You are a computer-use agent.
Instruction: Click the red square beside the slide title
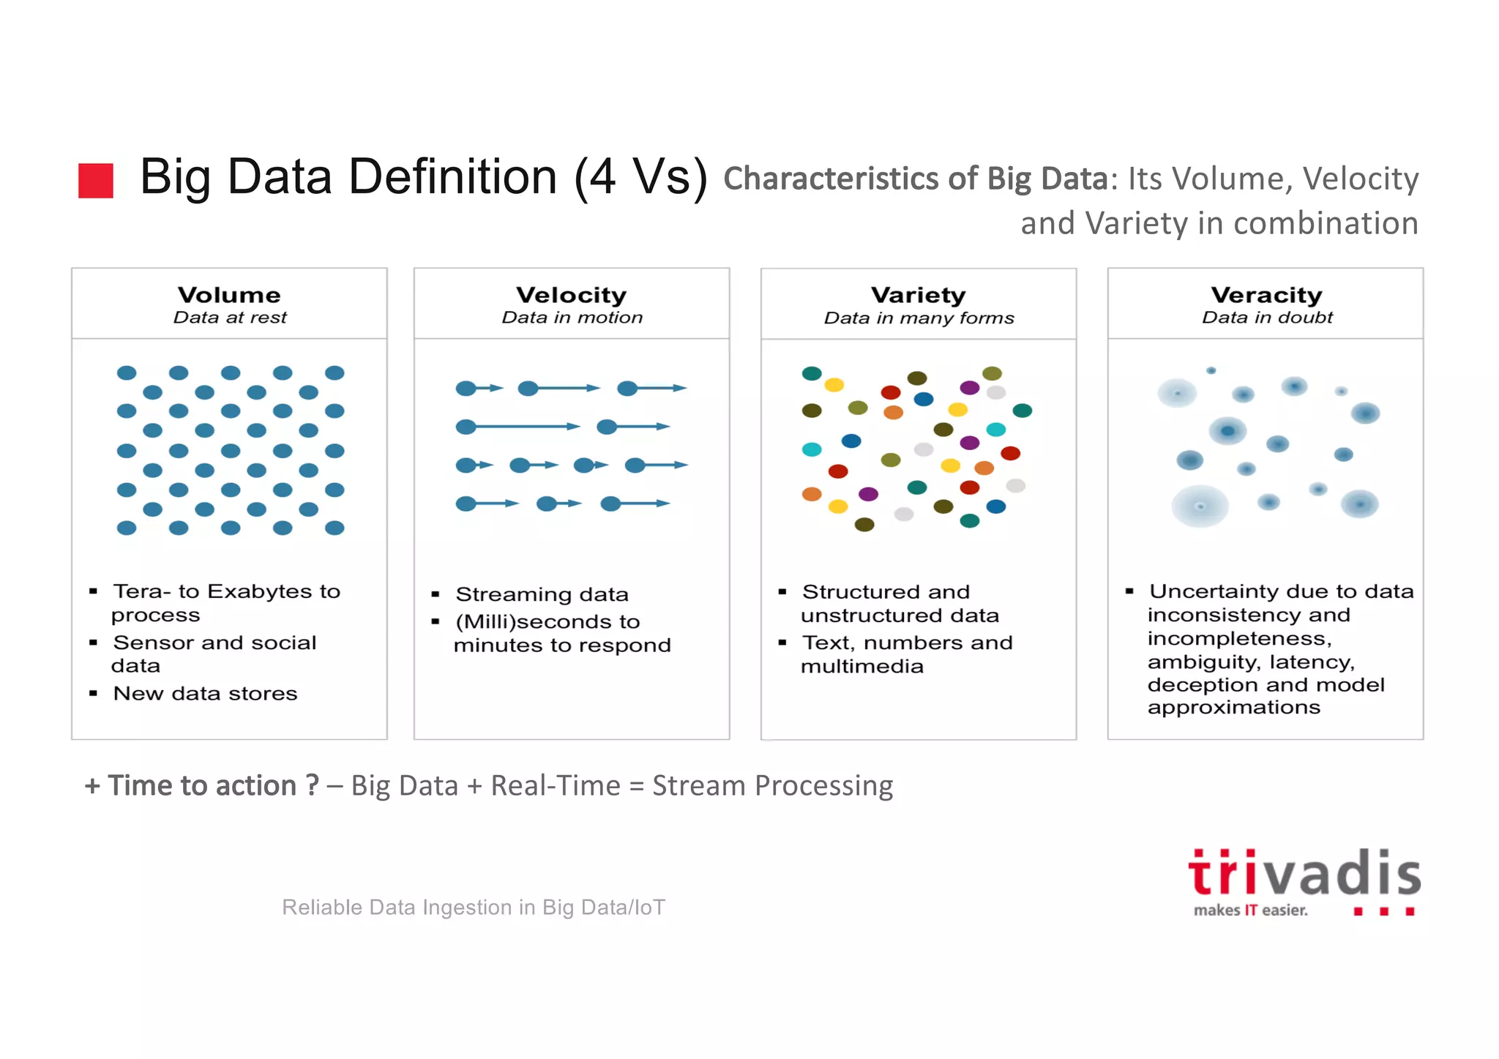96,181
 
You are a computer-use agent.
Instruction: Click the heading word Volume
229,295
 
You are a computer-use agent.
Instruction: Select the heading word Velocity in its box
571,295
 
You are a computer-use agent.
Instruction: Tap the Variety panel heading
918,295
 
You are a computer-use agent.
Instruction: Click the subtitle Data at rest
230,318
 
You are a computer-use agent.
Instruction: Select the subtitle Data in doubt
1267,318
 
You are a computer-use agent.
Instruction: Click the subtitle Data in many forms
919,318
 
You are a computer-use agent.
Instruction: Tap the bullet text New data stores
205,694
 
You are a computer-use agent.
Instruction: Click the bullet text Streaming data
542,594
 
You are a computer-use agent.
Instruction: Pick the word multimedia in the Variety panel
861,667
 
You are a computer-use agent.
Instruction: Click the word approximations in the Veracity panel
1233,708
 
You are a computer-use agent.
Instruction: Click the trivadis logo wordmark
1304,874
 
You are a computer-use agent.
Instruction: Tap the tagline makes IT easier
1250,910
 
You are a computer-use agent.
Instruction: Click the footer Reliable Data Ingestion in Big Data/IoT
474,908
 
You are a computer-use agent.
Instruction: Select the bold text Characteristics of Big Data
915,179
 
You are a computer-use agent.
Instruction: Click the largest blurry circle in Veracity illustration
1200,506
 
